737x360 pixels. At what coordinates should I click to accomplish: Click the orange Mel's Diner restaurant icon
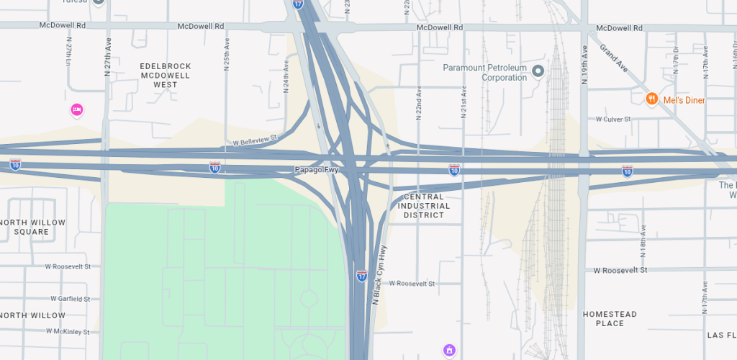pyautogui.click(x=652, y=99)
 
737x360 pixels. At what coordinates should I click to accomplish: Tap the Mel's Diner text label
pyautogui.click(x=684, y=100)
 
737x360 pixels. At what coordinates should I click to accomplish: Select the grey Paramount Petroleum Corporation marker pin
pyautogui.click(x=537, y=71)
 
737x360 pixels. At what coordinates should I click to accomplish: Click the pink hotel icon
pyautogui.click(x=77, y=109)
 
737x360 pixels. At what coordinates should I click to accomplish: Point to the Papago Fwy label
pyautogui.click(x=316, y=170)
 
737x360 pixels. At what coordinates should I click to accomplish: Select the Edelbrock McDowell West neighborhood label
pyautogui.click(x=166, y=75)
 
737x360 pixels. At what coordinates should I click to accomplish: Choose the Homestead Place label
pyautogui.click(x=610, y=319)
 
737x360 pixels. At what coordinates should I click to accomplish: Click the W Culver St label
pyautogui.click(x=612, y=119)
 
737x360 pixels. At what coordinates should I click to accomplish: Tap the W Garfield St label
pyautogui.click(x=70, y=299)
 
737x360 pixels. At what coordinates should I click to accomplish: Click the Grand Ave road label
pyautogui.click(x=614, y=63)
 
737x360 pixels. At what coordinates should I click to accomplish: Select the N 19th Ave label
pyautogui.click(x=585, y=66)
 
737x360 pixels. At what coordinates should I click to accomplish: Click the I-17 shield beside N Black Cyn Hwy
pyautogui.click(x=361, y=276)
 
